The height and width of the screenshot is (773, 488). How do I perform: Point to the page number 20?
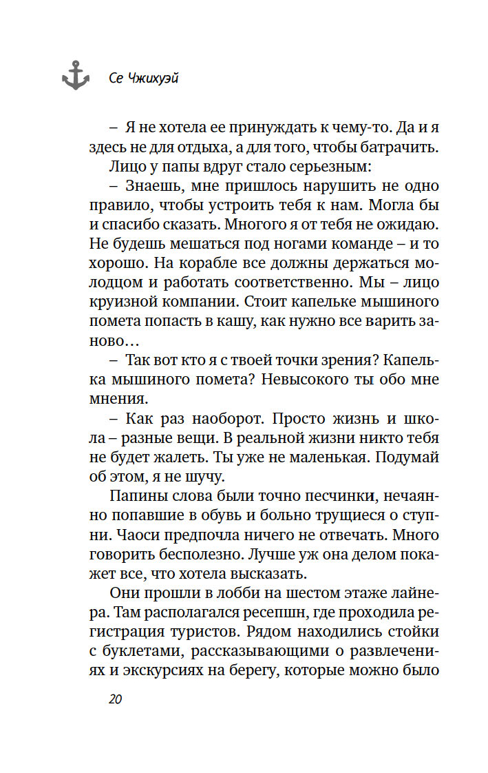tap(114, 700)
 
